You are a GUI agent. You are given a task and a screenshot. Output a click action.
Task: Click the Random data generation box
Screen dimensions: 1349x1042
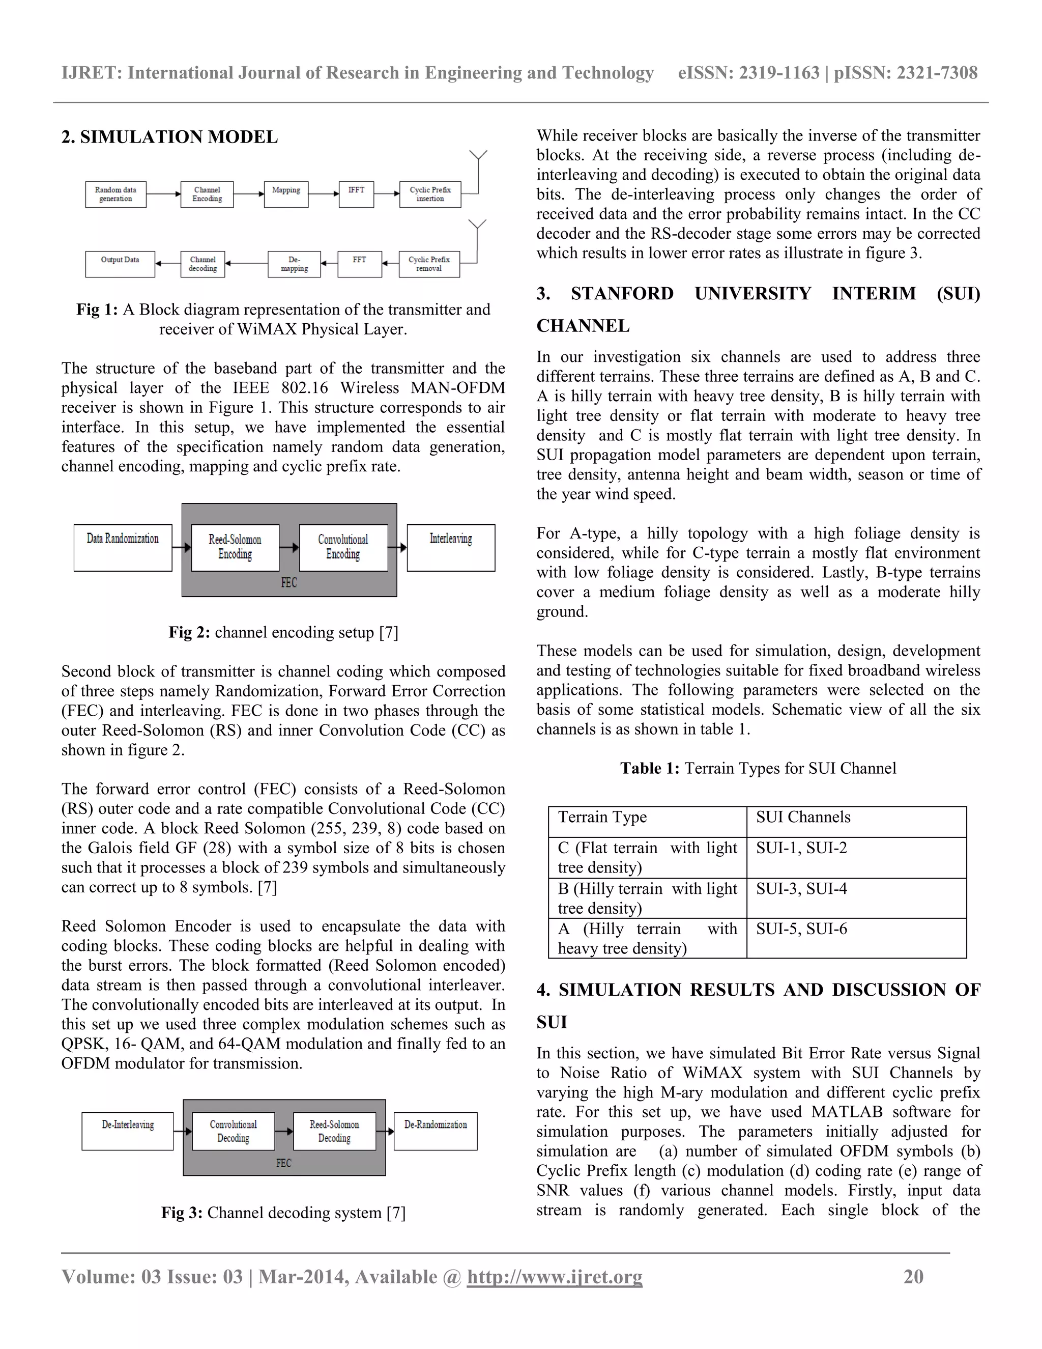pyautogui.click(x=115, y=194)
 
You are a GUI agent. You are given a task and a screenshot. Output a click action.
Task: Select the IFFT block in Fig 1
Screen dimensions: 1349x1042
pyautogui.click(x=356, y=194)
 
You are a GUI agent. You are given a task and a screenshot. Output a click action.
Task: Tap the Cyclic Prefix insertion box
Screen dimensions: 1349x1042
pyautogui.click(x=430, y=194)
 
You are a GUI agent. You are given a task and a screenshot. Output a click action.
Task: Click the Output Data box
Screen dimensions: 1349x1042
pyautogui.click(x=120, y=264)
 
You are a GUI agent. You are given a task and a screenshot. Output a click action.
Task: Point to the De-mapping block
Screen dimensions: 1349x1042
pyautogui.click(x=295, y=264)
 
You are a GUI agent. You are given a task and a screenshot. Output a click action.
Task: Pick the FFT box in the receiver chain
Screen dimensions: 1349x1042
pyautogui.click(x=359, y=264)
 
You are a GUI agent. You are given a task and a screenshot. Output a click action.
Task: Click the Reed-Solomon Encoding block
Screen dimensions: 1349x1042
pyautogui.click(x=235, y=547)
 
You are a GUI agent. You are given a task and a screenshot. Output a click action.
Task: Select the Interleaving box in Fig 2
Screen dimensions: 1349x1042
pyautogui.click(x=451, y=547)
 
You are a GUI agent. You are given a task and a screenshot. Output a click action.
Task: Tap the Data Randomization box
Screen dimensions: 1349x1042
pyautogui.click(x=123, y=547)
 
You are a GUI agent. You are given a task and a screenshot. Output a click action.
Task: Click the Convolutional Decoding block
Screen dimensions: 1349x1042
pyautogui.click(x=233, y=1131)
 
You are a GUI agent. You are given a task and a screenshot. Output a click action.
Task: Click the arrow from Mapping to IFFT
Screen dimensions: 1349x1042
pyautogui.click(x=324, y=194)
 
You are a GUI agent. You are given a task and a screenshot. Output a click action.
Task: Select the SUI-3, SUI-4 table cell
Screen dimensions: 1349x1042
pyautogui.click(x=856, y=898)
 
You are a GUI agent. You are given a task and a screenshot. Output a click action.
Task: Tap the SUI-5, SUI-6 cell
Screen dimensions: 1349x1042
pyautogui.click(x=856, y=938)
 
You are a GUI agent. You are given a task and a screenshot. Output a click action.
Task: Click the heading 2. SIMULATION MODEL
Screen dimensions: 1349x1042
pyautogui.click(x=170, y=137)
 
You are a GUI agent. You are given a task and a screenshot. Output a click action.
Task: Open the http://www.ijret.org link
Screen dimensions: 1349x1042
pyautogui.click(x=555, y=1277)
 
